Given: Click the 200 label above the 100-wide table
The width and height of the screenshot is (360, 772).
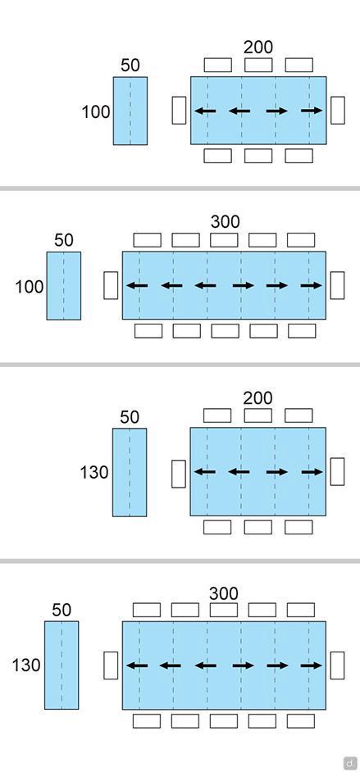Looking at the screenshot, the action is tap(258, 48).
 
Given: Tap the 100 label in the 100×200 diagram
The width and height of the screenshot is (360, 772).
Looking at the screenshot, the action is tap(96, 111).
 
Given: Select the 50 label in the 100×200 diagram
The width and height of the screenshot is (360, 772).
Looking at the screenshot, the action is tap(130, 65).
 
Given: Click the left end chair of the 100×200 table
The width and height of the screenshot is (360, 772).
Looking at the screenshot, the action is tap(179, 111).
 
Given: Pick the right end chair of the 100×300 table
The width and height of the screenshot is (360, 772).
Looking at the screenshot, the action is tap(337, 285).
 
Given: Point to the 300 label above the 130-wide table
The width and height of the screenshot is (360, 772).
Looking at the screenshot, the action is tap(224, 594).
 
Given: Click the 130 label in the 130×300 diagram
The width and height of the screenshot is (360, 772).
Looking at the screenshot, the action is tap(26, 665).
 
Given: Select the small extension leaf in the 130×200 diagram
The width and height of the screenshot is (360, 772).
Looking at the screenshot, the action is tap(130, 472).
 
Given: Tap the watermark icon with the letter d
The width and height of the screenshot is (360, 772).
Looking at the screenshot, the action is tap(349, 762).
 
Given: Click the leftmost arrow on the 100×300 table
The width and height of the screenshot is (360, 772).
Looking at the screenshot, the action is tap(138, 285).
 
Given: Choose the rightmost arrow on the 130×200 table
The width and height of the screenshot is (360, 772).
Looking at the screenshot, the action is tap(312, 472).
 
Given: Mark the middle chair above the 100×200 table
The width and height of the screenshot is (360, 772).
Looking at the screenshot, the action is tap(258, 65).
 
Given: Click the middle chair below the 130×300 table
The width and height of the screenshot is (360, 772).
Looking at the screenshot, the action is tap(224, 721).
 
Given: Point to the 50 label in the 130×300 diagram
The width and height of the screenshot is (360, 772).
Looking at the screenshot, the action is tap(62, 610).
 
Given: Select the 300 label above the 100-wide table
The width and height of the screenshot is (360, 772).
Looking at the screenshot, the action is tap(225, 222).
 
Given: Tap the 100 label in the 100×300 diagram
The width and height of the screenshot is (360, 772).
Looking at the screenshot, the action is tap(30, 287).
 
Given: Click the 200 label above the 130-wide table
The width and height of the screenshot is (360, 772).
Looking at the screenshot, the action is tap(258, 397).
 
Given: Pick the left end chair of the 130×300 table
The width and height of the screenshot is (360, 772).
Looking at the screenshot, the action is tap(111, 665).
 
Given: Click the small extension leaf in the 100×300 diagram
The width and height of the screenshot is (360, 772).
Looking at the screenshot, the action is tap(64, 285).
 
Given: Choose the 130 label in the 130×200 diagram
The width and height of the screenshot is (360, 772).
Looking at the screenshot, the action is tap(94, 472).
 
